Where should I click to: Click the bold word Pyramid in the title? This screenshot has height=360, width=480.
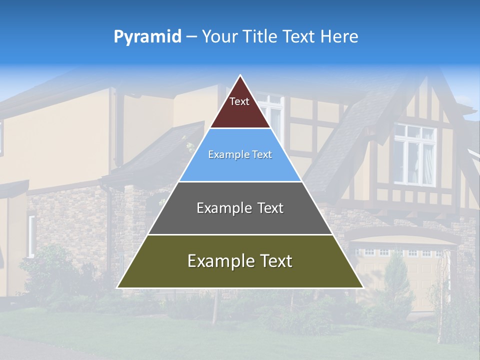(147, 37)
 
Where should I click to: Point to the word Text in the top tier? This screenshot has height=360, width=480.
(239, 101)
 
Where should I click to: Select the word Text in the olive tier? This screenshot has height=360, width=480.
(272, 261)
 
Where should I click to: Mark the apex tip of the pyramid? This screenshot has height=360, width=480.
(240, 76)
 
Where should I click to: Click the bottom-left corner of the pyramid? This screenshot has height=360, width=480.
(117, 287)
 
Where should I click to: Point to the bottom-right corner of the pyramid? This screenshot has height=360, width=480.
(363, 287)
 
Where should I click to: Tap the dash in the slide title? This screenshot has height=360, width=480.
(191, 36)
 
